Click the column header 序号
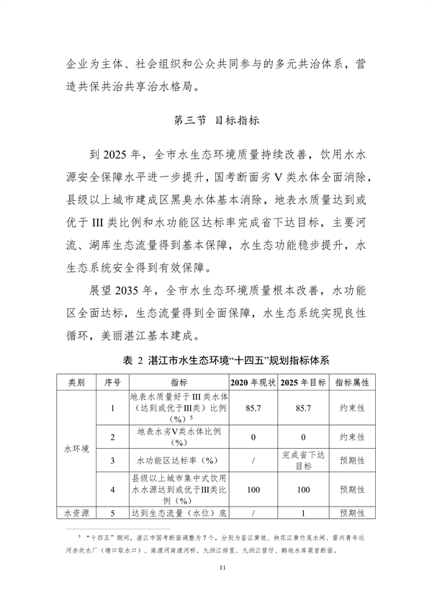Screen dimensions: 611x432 pyautogui.click(x=112, y=380)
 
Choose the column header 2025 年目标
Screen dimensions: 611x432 pyautogui.click(x=303, y=380)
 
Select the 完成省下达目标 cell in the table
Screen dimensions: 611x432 pyautogui.click(x=303, y=459)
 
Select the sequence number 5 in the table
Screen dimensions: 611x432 pyautogui.click(x=112, y=514)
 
